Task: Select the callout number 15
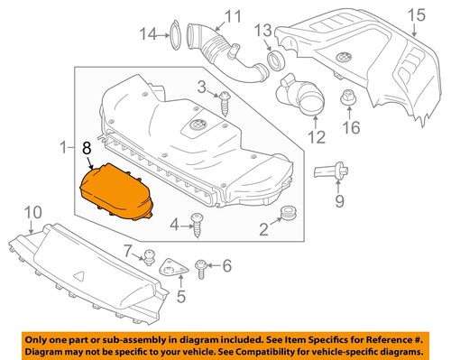point(415,14)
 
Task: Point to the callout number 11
point(234,15)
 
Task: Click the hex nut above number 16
point(346,97)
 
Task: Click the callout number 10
point(32,212)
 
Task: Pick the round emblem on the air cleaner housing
point(197,125)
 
